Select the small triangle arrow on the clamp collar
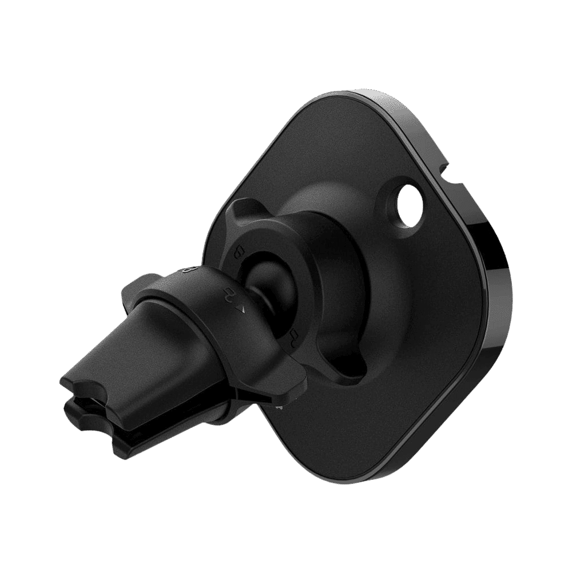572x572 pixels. (242, 309)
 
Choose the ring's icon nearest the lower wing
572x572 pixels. (294, 335)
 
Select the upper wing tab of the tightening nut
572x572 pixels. (243, 210)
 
